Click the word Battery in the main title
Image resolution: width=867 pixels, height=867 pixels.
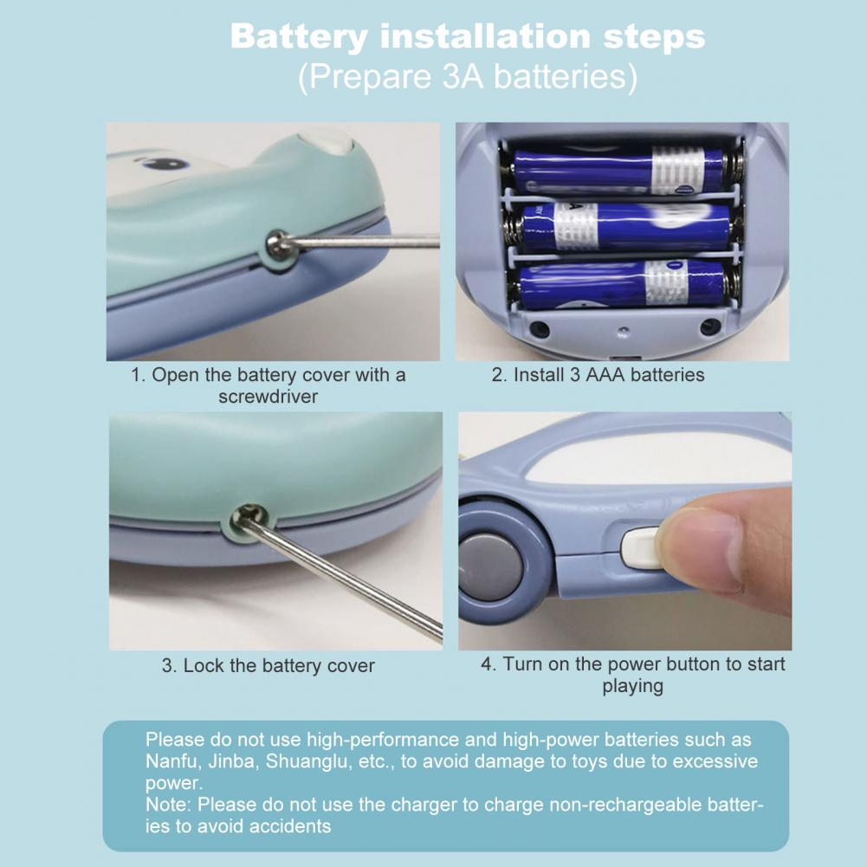(x=299, y=37)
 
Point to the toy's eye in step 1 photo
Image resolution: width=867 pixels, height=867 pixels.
(x=165, y=164)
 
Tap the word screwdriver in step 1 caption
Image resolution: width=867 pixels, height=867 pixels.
(x=269, y=397)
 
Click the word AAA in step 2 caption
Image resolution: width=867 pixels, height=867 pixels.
(x=605, y=375)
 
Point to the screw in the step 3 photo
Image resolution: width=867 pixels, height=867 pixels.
(x=245, y=519)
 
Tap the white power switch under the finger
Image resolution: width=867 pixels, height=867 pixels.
(x=640, y=547)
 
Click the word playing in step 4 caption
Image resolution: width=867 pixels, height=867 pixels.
(x=632, y=686)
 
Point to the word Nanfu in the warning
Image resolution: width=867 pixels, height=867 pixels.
(x=171, y=761)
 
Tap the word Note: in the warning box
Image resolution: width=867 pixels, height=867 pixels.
(x=168, y=805)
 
